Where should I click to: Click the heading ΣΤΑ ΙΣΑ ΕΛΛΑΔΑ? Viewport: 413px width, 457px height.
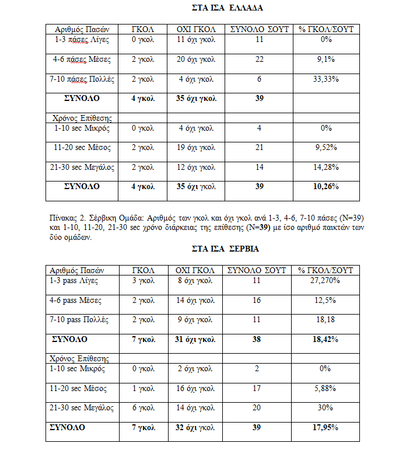(x=228, y=9)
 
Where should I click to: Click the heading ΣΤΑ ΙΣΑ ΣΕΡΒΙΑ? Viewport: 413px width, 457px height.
(x=226, y=249)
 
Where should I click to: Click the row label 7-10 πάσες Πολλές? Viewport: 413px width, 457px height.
(x=84, y=79)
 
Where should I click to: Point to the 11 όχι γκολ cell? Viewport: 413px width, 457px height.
(x=196, y=40)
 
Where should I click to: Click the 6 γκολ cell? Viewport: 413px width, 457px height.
(x=142, y=408)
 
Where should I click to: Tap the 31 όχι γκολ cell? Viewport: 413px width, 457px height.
(x=196, y=339)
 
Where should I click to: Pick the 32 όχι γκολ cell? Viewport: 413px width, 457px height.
(x=196, y=428)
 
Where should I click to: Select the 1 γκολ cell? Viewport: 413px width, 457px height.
(x=142, y=388)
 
